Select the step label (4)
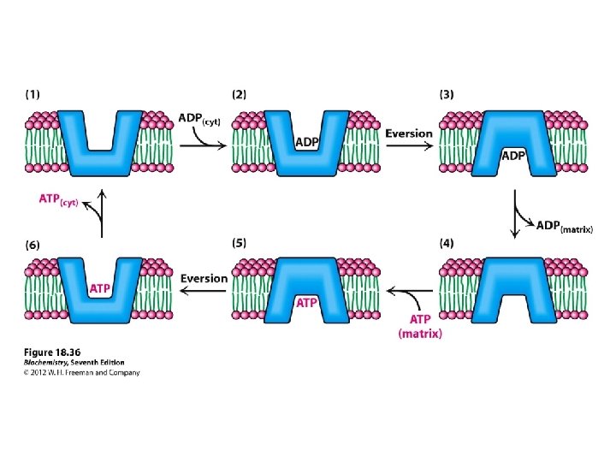tap(447, 243)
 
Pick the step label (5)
tap(240, 243)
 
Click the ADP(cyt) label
tap(199, 120)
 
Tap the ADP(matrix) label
tap(564, 226)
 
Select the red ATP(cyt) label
tap(59, 200)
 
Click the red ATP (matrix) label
tap(420, 326)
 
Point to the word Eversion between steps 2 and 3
tap(409, 134)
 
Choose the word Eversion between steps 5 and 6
tap(204, 278)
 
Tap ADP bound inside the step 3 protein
tap(512, 156)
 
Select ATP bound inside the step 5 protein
tap(306, 302)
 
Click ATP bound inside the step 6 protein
tap(100, 288)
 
